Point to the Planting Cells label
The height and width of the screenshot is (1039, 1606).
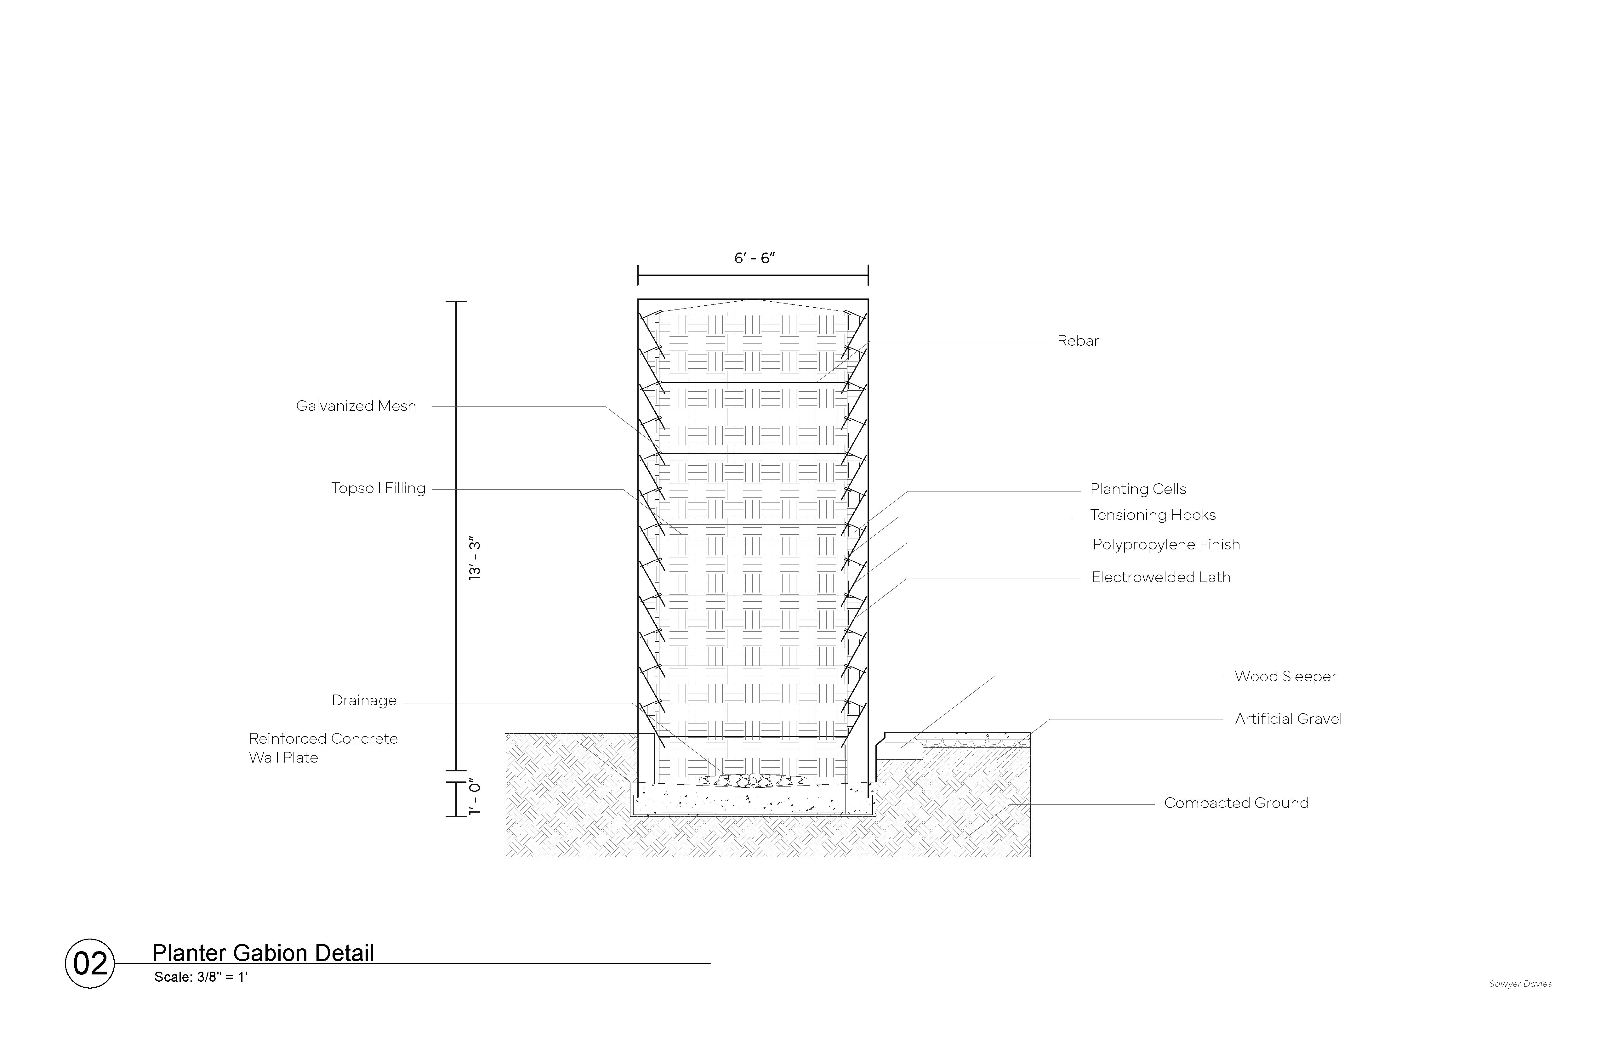1138,489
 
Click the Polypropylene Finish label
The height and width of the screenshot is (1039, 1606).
1166,544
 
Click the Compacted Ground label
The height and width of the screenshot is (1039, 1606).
1236,803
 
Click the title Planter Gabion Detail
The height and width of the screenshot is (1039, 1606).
263,953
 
